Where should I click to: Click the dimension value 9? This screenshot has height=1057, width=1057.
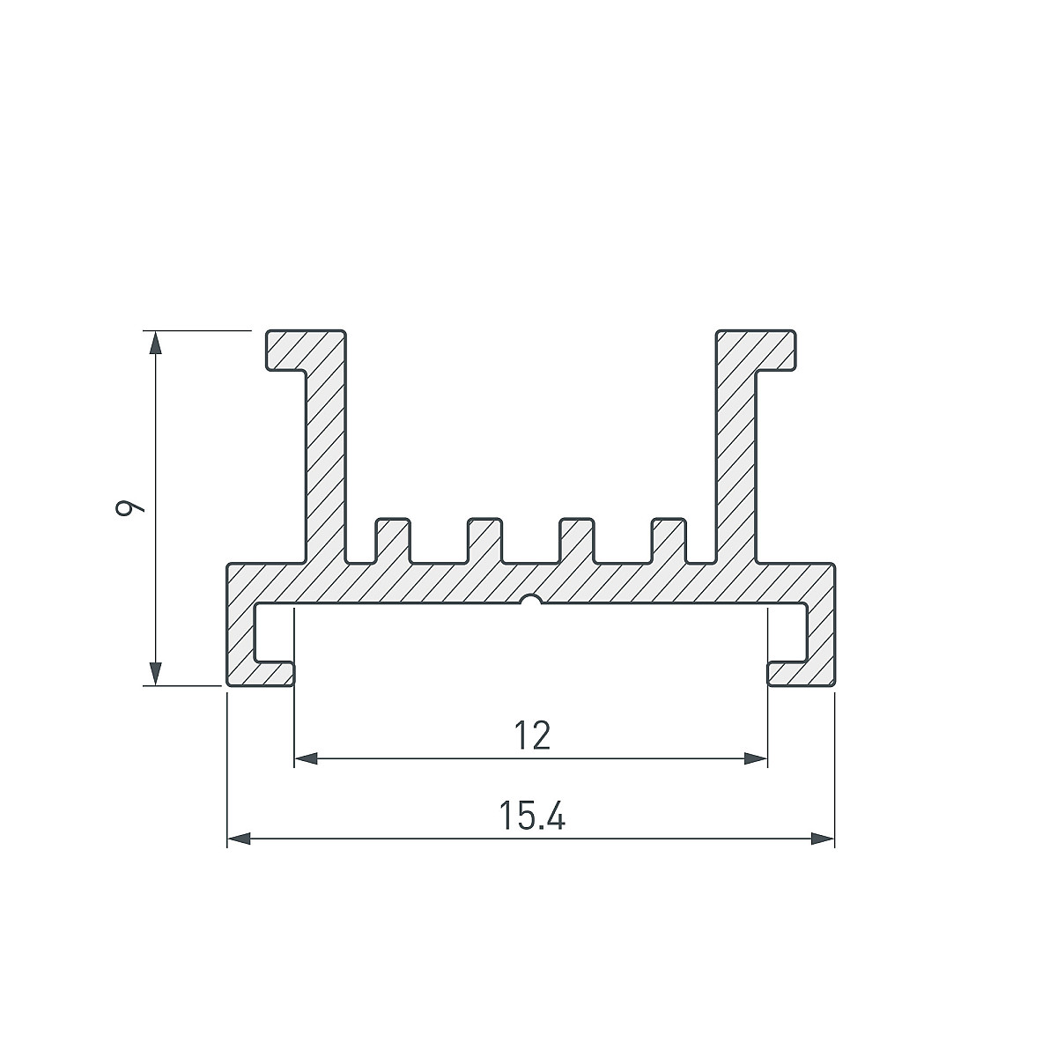click(x=130, y=508)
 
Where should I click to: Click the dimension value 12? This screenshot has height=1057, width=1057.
click(x=533, y=736)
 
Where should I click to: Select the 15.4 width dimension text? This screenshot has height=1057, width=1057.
click(x=532, y=815)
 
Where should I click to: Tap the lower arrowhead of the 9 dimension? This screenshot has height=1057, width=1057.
click(x=156, y=674)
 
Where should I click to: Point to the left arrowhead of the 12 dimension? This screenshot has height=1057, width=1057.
click(x=306, y=759)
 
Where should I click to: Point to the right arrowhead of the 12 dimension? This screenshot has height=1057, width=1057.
click(x=756, y=759)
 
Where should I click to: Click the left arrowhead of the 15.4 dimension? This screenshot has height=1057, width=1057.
click(x=240, y=839)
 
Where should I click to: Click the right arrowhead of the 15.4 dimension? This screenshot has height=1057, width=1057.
click(x=823, y=839)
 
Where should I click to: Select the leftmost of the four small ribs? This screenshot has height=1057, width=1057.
click(x=393, y=540)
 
